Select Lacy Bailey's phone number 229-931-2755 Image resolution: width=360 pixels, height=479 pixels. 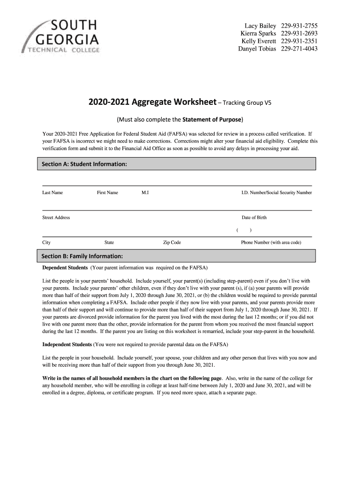click(299, 25)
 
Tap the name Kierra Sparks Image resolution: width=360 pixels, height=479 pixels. click(258, 33)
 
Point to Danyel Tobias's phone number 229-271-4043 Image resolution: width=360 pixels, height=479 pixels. click(299, 49)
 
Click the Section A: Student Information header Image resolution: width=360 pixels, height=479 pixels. click(85, 164)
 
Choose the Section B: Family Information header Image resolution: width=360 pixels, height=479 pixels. click(82, 256)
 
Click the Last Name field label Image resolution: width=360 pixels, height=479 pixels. click(53, 193)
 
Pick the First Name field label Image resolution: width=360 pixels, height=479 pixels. click(108, 193)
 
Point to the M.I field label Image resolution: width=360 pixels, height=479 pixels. click(145, 193)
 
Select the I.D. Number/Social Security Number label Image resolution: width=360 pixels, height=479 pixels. click(276, 193)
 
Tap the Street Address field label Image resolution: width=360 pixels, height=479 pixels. click(56, 218)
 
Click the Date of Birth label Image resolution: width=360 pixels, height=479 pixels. click(254, 218)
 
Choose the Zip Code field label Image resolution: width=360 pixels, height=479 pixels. click(172, 243)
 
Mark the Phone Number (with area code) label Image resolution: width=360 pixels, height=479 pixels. click(271, 243)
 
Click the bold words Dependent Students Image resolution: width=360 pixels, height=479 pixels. click(65, 268)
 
